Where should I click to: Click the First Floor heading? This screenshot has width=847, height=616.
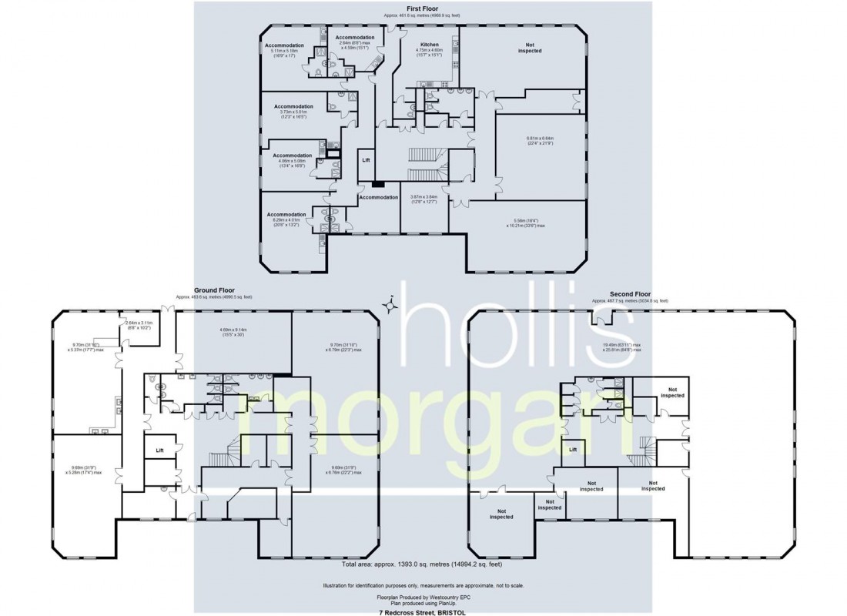423,8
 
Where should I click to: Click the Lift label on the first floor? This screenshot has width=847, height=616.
367,159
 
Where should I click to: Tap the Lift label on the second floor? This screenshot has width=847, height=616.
572,449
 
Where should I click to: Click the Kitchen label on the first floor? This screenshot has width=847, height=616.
429,45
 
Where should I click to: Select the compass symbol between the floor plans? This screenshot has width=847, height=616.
391,305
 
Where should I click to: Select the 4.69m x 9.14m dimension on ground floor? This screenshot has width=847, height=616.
233,332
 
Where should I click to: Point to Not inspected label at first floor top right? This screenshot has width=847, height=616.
529,48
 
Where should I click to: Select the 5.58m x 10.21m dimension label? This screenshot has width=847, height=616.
526,223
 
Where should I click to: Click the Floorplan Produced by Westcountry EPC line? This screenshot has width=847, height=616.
423,597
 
